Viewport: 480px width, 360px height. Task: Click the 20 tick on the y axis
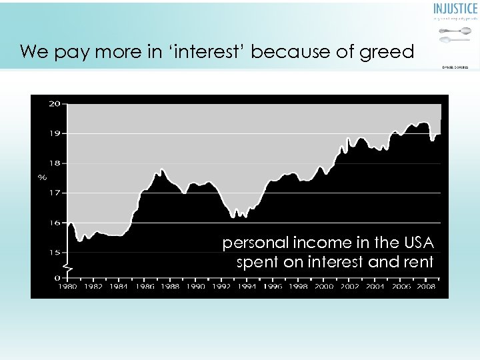54,103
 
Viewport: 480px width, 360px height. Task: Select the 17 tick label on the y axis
54,193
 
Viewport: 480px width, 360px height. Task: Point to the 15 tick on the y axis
54,252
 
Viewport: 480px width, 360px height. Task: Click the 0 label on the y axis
57,277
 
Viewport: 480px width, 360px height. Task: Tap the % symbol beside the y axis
42,177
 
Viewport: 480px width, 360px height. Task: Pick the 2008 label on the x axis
426,287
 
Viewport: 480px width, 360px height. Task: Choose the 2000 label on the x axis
324,287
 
